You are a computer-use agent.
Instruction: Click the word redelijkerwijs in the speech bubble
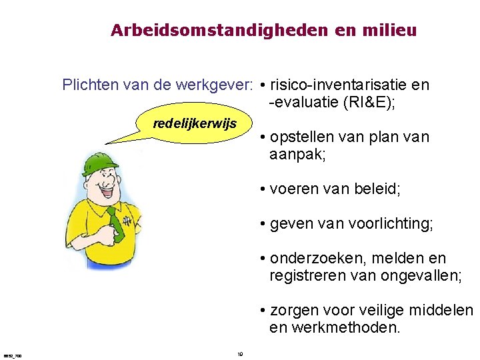[194, 124]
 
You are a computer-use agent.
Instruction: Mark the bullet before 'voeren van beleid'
[264, 190]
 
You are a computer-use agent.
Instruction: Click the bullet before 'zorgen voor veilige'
[264, 311]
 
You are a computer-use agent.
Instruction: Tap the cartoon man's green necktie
[116, 223]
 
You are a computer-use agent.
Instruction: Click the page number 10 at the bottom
[240, 354]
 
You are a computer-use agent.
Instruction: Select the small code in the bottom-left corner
[12, 356]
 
